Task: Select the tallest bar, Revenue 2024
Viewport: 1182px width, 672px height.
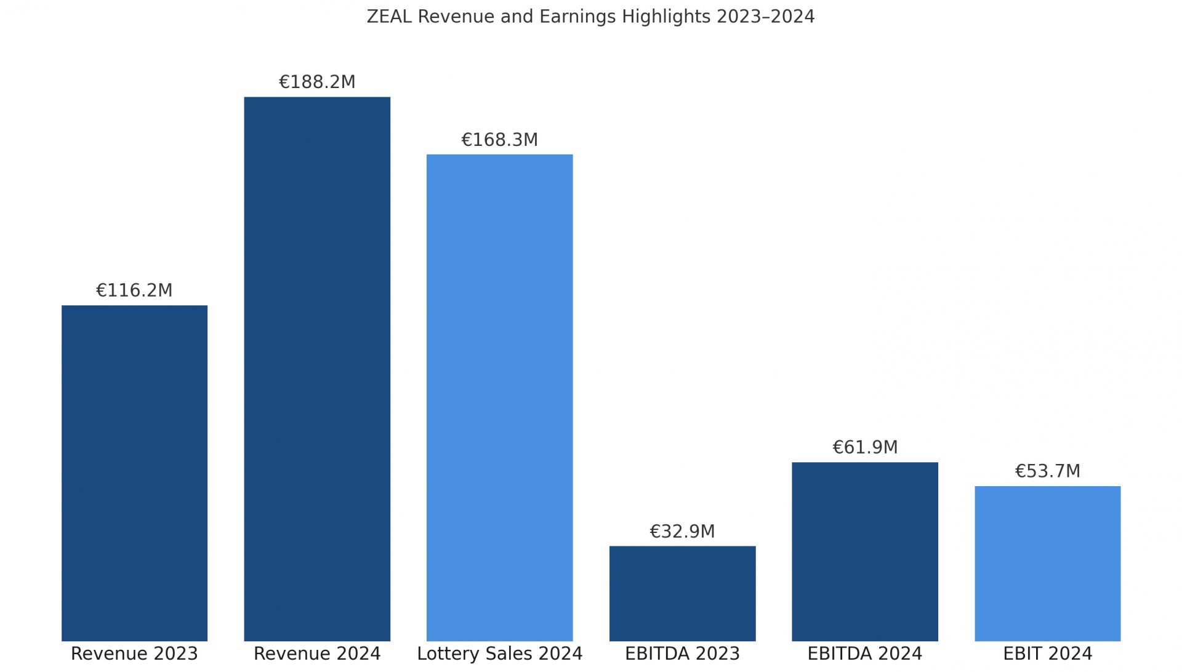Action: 317,369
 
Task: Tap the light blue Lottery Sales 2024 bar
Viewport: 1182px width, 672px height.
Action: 499,398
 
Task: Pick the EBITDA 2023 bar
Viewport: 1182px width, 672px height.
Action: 682,593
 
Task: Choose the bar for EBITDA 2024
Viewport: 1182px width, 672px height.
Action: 864,551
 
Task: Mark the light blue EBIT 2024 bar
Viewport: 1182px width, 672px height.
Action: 1047,563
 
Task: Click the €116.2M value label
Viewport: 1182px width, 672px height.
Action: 134,290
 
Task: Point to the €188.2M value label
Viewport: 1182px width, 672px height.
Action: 317,82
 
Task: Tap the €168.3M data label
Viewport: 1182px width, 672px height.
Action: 499,140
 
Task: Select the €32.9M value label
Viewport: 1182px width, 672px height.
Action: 682,531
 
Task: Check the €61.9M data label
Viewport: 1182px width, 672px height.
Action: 864,447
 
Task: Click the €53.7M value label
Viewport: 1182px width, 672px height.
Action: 1047,471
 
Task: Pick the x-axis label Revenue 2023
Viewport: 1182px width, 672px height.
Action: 134,654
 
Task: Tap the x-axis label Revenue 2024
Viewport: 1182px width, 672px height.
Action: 317,654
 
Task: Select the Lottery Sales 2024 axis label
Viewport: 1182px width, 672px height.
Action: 499,654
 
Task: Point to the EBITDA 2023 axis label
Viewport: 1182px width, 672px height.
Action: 682,654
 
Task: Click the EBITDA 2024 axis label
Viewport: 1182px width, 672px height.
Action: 864,654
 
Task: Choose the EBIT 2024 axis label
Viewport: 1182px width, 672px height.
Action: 1047,654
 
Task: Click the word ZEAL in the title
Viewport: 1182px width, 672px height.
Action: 389,17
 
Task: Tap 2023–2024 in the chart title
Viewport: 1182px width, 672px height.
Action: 765,17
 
